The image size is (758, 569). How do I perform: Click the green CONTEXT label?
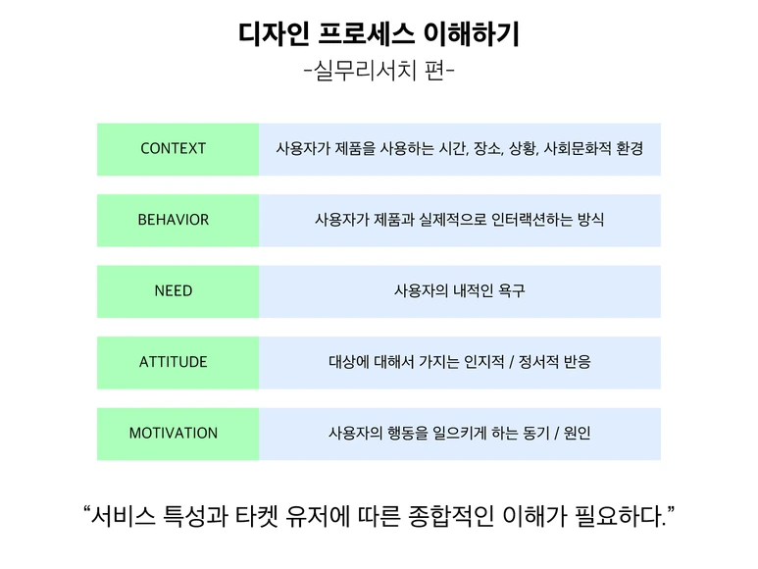pos(174,149)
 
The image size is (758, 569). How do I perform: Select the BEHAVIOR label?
pos(174,220)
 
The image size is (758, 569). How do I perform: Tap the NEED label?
pos(174,291)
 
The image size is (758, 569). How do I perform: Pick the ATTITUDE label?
pos(174,362)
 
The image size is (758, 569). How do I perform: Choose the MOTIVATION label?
pos(174,433)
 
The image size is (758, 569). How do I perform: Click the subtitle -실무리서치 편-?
pos(379,72)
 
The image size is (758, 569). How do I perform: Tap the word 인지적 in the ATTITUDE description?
pos(480,362)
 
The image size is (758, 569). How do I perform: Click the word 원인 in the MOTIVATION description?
pos(578,433)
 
